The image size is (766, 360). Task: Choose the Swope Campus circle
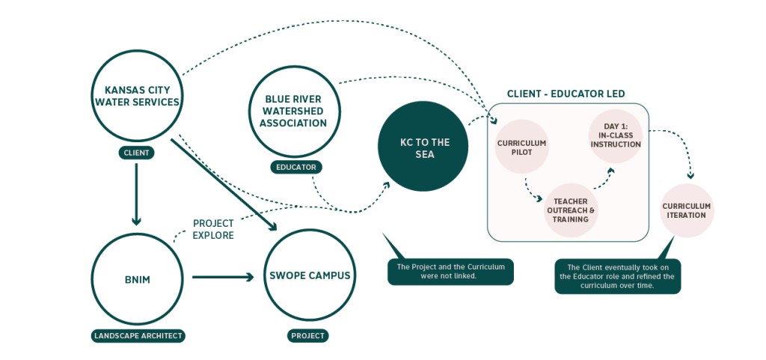[309, 276]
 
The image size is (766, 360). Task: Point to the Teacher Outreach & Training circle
[571, 210]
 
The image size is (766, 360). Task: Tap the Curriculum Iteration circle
[686, 210]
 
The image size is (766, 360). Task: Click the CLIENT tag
[136, 153]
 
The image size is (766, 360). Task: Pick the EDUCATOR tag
[295, 167]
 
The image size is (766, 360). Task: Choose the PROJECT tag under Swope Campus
[308, 335]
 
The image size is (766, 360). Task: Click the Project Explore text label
[213, 229]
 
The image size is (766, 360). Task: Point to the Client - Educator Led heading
[566, 94]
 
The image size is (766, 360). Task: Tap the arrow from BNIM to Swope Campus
[223, 277]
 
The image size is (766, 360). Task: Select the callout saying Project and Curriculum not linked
[450, 272]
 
